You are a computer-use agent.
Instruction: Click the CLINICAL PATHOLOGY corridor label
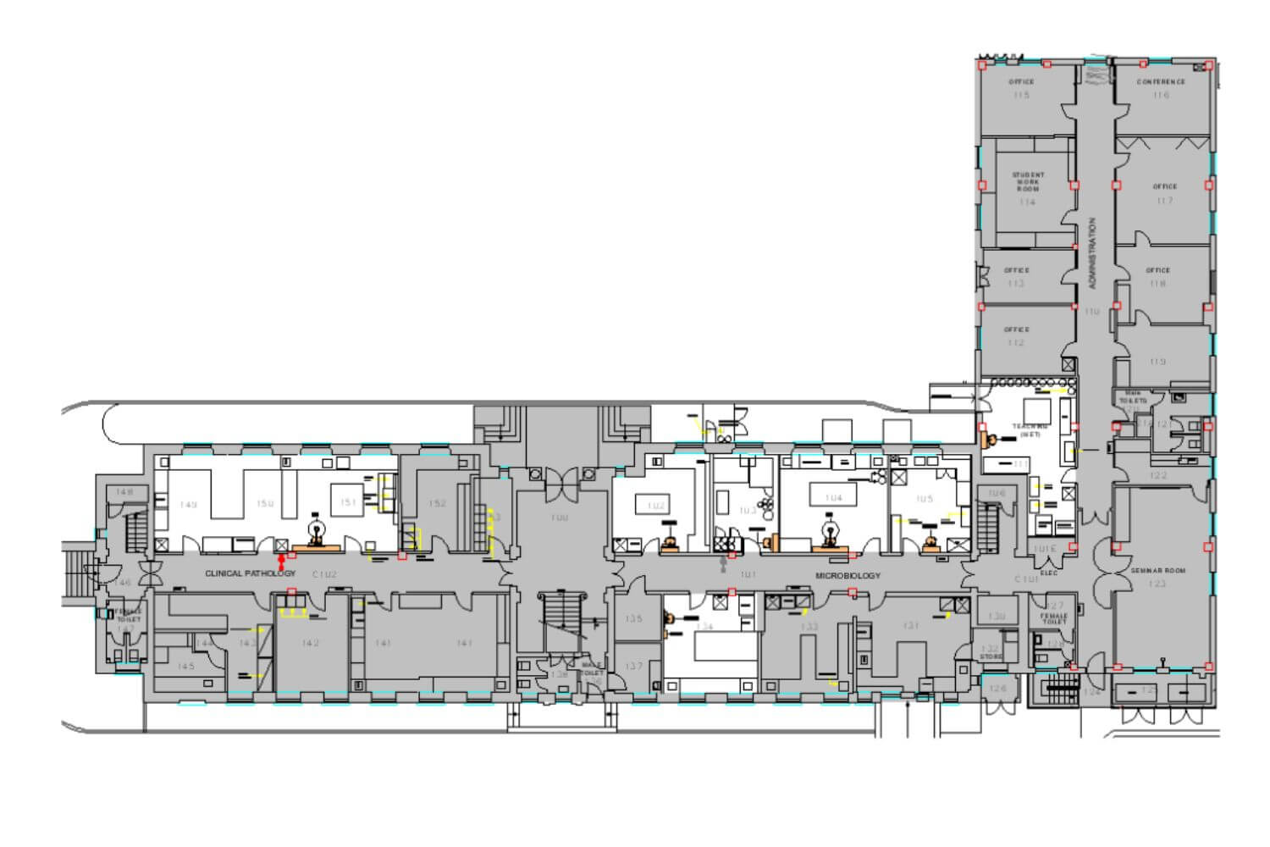250,573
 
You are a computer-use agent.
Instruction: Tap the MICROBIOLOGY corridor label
848,576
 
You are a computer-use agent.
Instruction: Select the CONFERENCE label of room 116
1161,82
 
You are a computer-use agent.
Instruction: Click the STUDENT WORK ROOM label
1028,182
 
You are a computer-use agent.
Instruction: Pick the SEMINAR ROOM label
1157,571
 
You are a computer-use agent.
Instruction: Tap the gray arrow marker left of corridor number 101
721,562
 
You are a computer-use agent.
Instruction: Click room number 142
311,644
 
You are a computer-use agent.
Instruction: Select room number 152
437,503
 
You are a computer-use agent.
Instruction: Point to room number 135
634,619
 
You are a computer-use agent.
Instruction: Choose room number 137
634,667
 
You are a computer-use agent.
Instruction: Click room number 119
1158,362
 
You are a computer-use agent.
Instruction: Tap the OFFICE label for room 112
1016,329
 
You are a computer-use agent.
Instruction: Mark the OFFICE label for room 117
1164,186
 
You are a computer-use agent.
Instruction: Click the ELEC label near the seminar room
1049,573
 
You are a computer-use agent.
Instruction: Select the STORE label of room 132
990,656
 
